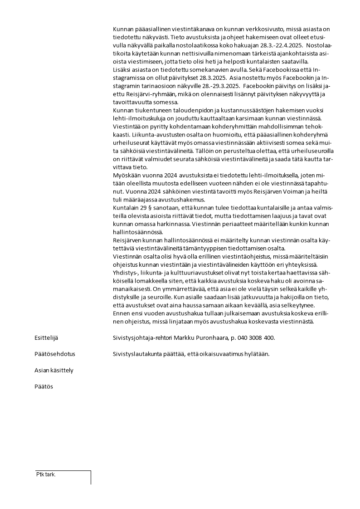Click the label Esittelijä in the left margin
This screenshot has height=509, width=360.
[x=46, y=338]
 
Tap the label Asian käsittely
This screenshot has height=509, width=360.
[x=54, y=370]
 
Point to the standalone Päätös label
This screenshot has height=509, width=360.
[x=44, y=387]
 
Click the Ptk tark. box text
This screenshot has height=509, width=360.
[x=46, y=475]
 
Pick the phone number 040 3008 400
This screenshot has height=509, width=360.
[x=258, y=338]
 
